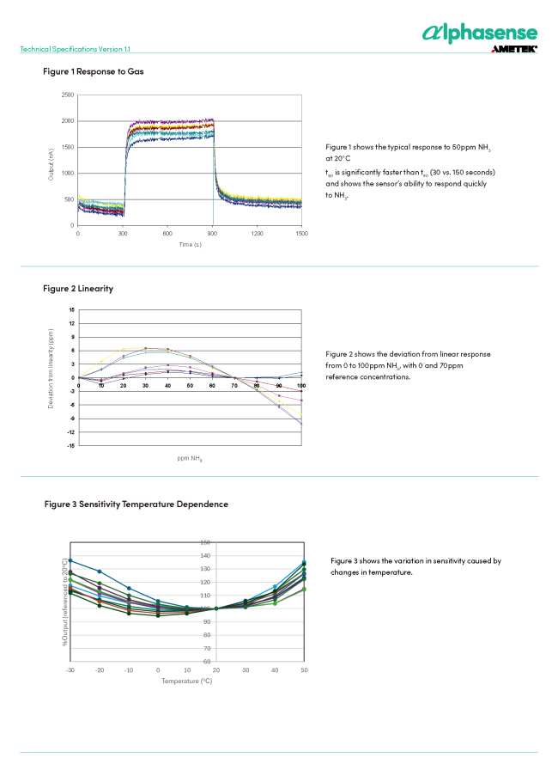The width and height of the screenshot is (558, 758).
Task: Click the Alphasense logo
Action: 480,33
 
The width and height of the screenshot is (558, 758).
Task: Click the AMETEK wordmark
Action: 514,50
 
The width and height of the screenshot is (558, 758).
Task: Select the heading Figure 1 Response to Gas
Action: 94,70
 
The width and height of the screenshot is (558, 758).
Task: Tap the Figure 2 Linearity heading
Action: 78,288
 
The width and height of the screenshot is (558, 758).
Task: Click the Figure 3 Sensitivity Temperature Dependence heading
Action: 136,504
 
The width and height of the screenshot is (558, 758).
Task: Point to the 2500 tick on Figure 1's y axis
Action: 67,95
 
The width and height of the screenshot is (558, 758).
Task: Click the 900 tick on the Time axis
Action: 212,233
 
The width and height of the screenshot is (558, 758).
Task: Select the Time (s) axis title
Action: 190,245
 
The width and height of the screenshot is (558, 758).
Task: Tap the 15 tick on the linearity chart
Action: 71,309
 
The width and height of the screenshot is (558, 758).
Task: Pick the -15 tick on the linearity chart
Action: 70,445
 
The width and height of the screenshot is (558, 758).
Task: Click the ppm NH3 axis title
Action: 190,458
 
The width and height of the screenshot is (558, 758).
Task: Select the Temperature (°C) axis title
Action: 186,681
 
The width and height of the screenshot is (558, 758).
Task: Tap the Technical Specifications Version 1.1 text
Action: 76,49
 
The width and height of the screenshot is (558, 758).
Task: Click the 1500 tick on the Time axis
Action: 301,233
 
